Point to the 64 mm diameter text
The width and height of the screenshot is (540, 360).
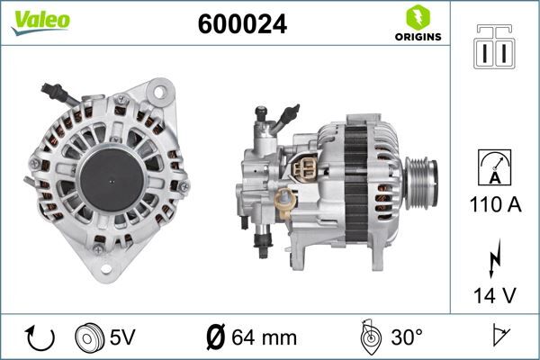(x=265, y=338)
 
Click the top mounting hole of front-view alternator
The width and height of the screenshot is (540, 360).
(x=162, y=92)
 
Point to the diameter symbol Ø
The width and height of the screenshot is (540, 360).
(x=216, y=338)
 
